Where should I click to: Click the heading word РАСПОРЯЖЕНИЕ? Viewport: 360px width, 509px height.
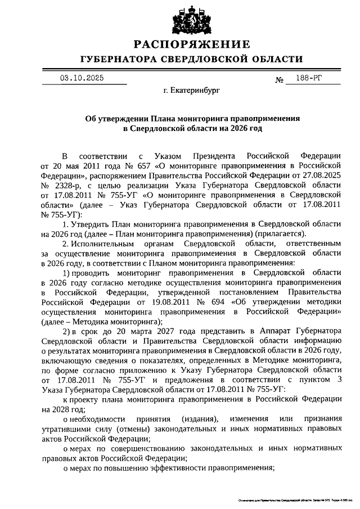click(x=191, y=44)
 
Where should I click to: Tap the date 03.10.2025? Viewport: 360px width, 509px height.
click(x=81, y=78)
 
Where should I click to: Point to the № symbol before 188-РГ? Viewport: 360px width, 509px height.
click(x=279, y=80)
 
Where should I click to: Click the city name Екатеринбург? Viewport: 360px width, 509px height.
click(x=195, y=90)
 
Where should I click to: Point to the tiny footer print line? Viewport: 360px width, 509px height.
click(x=291, y=499)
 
